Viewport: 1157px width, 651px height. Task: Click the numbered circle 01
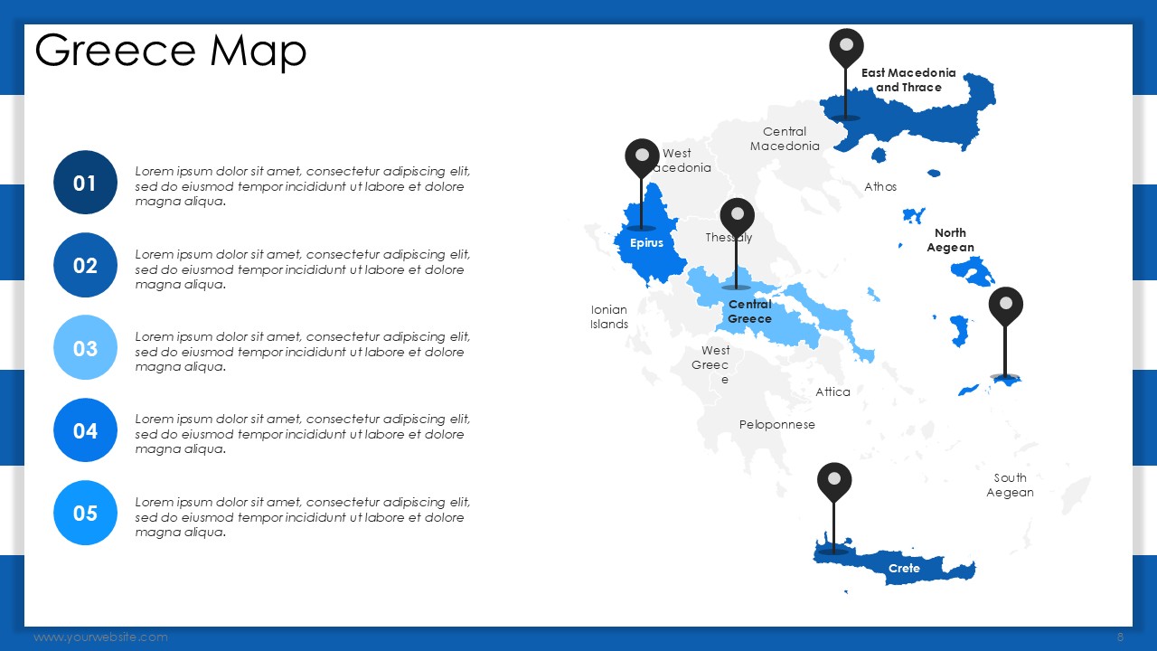[85, 183]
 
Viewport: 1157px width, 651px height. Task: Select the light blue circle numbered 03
[85, 348]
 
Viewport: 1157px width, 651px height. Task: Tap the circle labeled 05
[85, 513]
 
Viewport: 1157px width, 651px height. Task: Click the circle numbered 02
[85, 265]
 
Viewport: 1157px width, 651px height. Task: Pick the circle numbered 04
[85, 429]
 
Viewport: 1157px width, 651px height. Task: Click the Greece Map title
[171, 51]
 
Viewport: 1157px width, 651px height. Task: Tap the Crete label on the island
[904, 569]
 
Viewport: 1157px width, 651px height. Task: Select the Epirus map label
[646, 243]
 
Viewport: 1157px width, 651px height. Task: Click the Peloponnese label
[776, 425]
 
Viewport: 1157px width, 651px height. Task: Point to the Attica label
[832, 392]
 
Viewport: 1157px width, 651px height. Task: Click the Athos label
[880, 186]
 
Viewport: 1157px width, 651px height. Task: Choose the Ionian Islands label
[609, 316]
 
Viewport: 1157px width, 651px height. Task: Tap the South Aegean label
[1010, 486]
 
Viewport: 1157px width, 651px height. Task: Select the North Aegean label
[950, 241]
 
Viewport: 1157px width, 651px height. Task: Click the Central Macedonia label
[785, 139]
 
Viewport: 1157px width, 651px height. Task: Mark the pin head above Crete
[834, 479]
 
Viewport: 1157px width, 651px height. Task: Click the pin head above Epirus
[642, 155]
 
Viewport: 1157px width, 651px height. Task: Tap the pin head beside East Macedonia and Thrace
[846, 45]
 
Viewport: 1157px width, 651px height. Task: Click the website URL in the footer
[100, 637]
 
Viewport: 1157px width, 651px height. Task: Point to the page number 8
[1120, 637]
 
